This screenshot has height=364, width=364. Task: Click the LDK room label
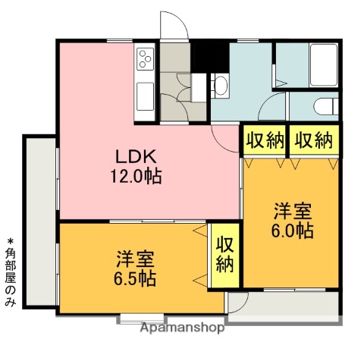tap(136, 157)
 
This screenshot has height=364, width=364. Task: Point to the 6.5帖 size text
tap(136, 278)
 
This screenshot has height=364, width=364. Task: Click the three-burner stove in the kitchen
tap(145, 57)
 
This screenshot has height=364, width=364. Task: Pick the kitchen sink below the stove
tap(145, 96)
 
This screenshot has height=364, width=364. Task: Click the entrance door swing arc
tap(173, 25)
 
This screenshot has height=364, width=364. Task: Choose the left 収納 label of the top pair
tap(265, 140)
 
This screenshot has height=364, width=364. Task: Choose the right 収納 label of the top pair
tap(313, 140)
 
